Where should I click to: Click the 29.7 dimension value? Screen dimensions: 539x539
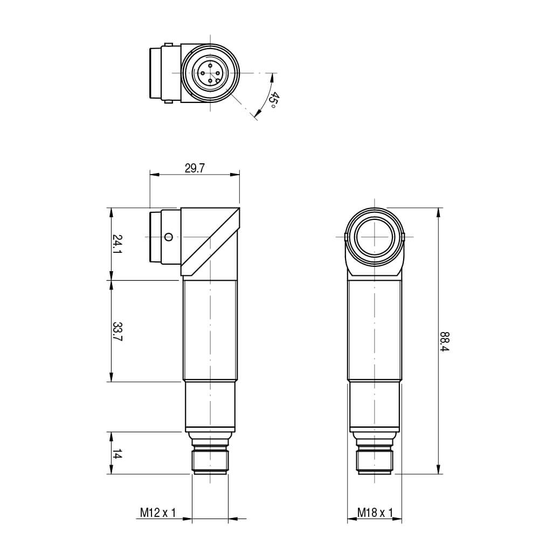[x=195, y=168]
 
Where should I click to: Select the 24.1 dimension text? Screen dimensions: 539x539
[x=118, y=244]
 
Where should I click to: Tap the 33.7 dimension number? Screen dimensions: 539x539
[x=118, y=331]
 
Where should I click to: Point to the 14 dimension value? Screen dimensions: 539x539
[x=118, y=454]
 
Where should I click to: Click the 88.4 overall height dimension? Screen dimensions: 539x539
[x=445, y=341]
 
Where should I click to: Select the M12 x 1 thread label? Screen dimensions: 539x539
[x=158, y=513]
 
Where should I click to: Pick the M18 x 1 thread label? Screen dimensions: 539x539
[x=375, y=513]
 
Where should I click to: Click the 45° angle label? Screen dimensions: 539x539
[x=273, y=100]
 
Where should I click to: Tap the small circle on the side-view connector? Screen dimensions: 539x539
[x=168, y=237]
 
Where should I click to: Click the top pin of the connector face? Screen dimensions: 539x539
[x=210, y=65]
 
